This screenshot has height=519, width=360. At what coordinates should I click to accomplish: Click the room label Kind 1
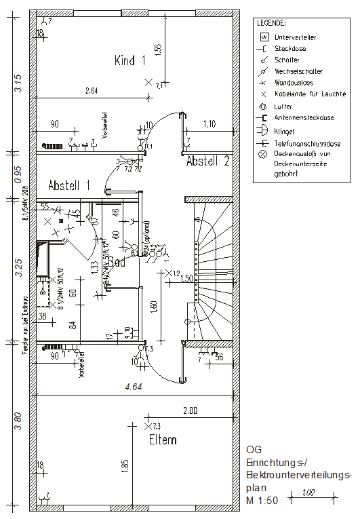[x=130, y=60]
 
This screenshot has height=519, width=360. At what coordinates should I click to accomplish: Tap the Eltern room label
[x=163, y=440]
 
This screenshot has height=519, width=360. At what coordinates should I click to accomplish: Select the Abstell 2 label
[x=208, y=161]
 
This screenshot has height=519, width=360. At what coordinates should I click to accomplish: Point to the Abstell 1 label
[x=69, y=185]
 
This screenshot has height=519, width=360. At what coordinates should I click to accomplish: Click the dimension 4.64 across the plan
[x=132, y=388]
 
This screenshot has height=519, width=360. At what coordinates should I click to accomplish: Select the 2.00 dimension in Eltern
[x=191, y=411]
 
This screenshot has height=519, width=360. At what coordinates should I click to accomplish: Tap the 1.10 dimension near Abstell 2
[x=209, y=124]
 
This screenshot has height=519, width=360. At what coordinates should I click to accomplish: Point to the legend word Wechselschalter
[x=298, y=71]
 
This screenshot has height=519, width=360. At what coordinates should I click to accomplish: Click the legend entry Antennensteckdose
[x=304, y=117]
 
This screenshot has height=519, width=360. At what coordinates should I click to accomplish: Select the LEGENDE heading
[x=271, y=24]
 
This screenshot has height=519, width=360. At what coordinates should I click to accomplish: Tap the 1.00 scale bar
[x=308, y=493]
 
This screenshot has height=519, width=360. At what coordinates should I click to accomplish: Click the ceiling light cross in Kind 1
[x=148, y=82]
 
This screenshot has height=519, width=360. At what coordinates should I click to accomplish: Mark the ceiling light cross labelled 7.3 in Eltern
[x=148, y=426]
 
